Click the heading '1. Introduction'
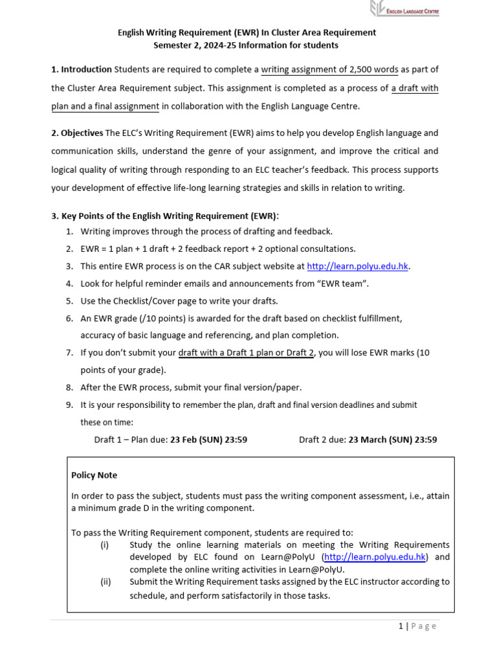point(81,69)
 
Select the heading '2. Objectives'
point(77,133)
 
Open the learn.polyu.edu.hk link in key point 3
point(358,266)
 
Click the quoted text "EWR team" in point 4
point(339,284)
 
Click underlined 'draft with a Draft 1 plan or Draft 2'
point(246,353)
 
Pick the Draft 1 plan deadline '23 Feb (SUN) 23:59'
point(208,440)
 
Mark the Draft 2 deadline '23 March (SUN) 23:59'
point(392,440)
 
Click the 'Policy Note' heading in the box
point(94,475)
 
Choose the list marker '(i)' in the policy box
point(105,545)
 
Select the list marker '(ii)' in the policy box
point(105,581)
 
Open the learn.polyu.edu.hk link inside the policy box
point(375,557)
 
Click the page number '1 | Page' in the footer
point(417,626)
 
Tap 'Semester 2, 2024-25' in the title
point(195,45)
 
